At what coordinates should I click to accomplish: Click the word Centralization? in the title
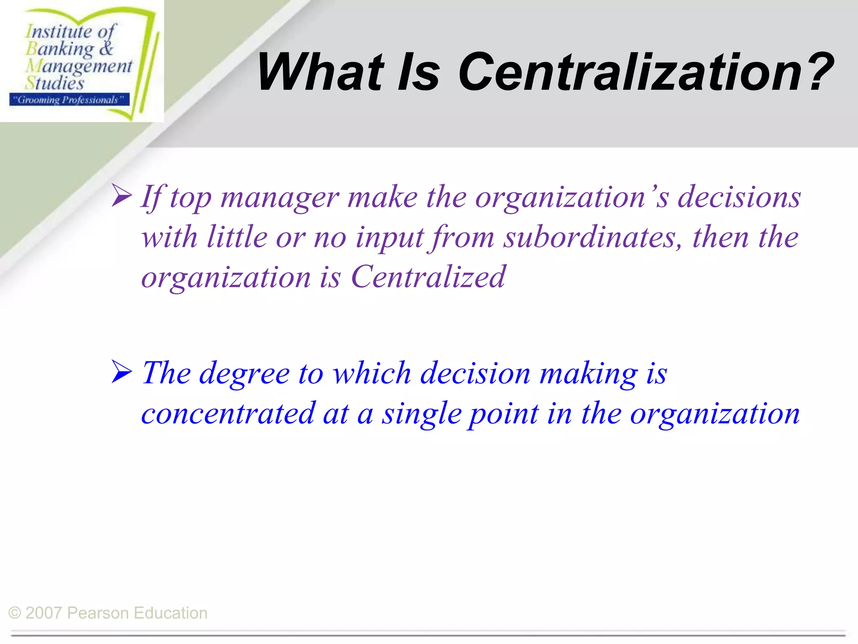pyautogui.click(x=645, y=72)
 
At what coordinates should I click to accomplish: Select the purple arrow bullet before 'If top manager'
pyautogui.click(x=122, y=197)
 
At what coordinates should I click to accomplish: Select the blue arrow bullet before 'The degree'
pyautogui.click(x=122, y=372)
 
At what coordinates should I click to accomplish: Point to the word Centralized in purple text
pyautogui.click(x=428, y=277)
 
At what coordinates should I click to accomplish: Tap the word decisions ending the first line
pyautogui.click(x=739, y=197)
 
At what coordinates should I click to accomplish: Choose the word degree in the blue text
pyautogui.click(x=244, y=373)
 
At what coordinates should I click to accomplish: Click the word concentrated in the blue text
pyautogui.click(x=228, y=414)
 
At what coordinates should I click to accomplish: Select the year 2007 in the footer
pyautogui.click(x=44, y=613)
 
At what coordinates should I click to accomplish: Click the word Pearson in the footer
pyautogui.click(x=98, y=613)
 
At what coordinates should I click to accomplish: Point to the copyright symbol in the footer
pyautogui.click(x=15, y=613)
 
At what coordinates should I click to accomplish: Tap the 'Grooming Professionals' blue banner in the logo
pyautogui.click(x=69, y=100)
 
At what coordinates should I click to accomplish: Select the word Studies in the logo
pyautogui.click(x=54, y=83)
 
